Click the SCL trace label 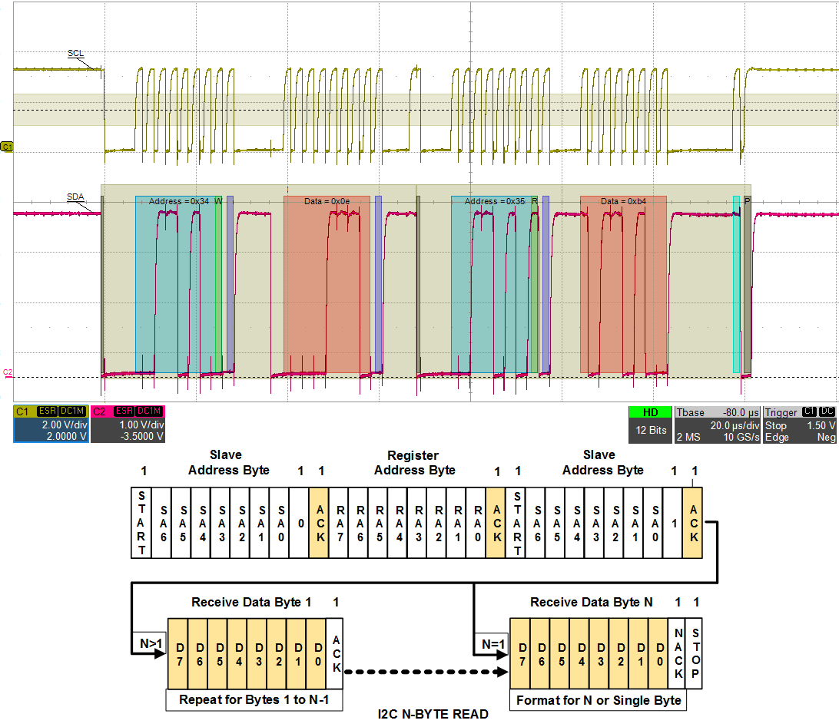(75, 54)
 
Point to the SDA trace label (75, 197)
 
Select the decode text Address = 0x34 (179, 201)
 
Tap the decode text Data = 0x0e (327, 201)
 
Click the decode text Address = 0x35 (495, 201)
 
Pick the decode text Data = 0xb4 (623, 201)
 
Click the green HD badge (650, 413)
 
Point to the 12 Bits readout (650, 431)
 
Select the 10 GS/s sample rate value (740, 438)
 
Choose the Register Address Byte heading (415, 463)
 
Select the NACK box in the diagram (678, 653)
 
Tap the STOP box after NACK (695, 653)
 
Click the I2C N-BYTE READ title (433, 715)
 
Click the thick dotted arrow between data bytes (426, 672)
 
